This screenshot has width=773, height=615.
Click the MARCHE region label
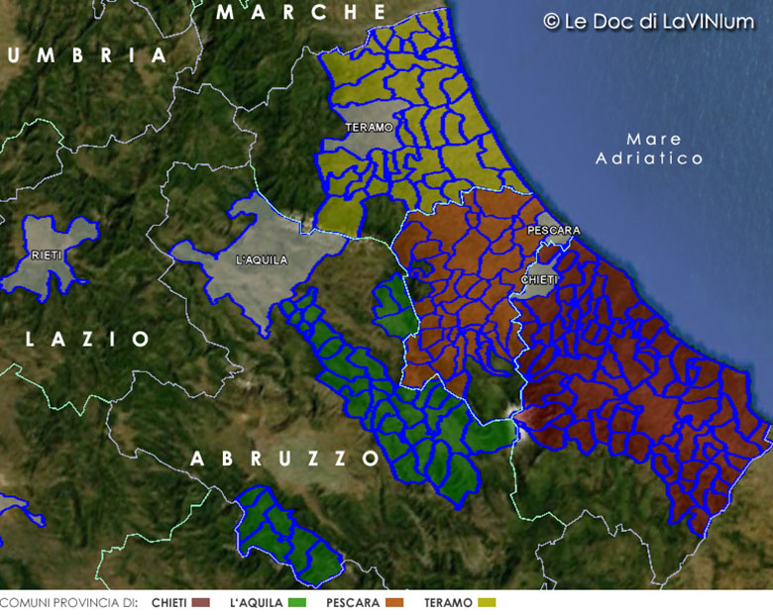301,13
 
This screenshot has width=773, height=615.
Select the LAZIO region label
88,340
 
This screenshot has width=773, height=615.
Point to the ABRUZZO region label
285,459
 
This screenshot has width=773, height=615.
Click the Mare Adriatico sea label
650,149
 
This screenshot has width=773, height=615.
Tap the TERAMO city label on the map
370,128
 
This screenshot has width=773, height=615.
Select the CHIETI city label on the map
539,280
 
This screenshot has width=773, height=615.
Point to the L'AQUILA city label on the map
262,260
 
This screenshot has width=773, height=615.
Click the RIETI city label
47,255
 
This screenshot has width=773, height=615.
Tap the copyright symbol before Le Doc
551,21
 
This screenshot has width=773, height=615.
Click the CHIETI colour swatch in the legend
201,602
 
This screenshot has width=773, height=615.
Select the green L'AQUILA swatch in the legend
298,602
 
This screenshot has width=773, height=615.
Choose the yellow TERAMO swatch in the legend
486,602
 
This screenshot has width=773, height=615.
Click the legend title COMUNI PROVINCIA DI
67,602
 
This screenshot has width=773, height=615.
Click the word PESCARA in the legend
353,602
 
